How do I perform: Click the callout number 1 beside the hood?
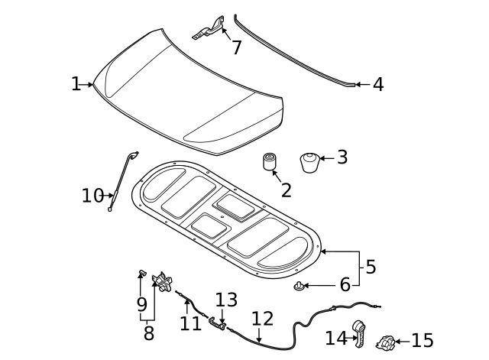tap(76, 84)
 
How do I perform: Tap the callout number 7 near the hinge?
tap(237, 47)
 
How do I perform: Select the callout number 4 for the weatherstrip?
tap(377, 84)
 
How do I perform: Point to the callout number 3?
tap(342, 157)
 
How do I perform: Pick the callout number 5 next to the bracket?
tap(371, 267)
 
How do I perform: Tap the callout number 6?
tap(345, 285)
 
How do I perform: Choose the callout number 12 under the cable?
tap(262, 318)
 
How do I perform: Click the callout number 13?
tap(226, 300)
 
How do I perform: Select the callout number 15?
tap(422, 341)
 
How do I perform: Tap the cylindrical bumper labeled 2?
tap(270, 162)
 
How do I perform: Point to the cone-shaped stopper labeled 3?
tap(309, 163)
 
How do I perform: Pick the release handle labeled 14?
tap(358, 333)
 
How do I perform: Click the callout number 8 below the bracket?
tap(148, 333)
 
